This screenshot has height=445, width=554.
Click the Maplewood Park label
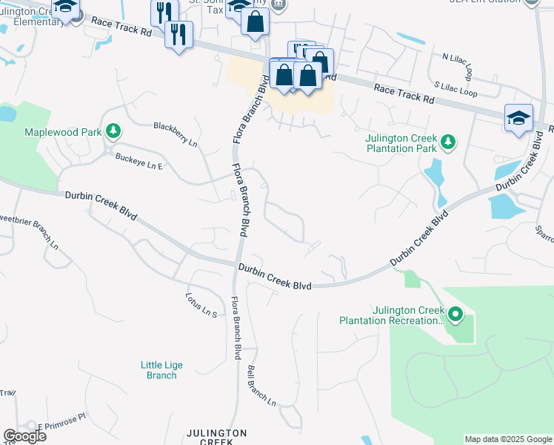click(63, 133)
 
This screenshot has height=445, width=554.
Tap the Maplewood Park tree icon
click(113, 132)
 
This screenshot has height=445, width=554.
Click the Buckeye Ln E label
click(138, 161)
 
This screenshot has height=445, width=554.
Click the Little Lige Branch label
click(161, 370)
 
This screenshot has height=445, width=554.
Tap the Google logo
click(24, 436)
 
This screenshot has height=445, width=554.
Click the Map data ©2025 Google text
click(508, 439)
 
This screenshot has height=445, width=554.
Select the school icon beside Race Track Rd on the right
click(518, 117)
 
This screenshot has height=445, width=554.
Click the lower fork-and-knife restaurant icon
click(178, 34)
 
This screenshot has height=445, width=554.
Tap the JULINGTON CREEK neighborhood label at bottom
click(216, 437)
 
